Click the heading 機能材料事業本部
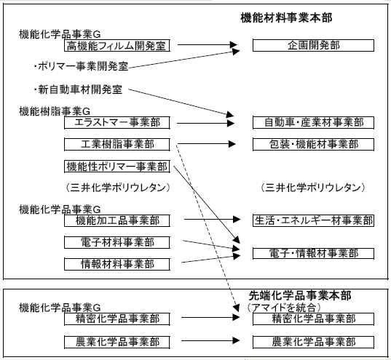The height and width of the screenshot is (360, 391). tap(286, 18)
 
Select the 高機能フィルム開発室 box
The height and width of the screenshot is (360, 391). tap(117, 46)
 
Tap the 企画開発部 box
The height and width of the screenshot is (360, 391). tap(313, 46)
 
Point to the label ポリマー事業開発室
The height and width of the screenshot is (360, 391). tap(83, 66)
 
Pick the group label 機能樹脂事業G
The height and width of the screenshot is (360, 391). tap(55, 111)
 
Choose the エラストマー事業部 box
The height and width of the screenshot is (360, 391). tap(117, 123)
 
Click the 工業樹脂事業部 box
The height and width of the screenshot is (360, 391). tap(117, 145)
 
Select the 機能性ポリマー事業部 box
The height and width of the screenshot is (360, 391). tap(117, 167)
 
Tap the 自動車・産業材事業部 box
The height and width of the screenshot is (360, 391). tap(313, 123)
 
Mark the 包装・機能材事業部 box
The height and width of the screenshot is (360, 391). tap(313, 145)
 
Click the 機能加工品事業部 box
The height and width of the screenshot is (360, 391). tap(117, 221)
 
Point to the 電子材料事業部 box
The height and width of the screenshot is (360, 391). tap(117, 242)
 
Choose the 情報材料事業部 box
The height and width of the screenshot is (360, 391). tap(117, 264)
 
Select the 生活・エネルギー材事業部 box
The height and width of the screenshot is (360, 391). tap(313, 221)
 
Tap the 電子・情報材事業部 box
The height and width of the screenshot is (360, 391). tap(313, 254)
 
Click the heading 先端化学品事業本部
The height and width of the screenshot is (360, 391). tap(300, 295)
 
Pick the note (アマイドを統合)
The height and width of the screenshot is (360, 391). tap(284, 308)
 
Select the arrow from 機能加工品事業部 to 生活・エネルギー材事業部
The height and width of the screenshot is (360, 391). tap(212, 219)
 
